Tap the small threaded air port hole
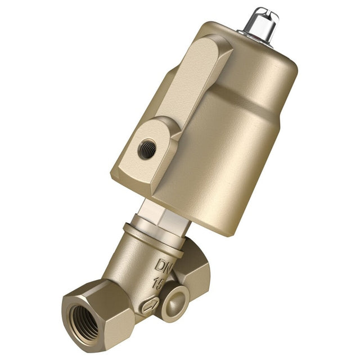(x=147, y=149)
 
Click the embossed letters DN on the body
(x=164, y=265)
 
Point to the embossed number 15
(x=159, y=283)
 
